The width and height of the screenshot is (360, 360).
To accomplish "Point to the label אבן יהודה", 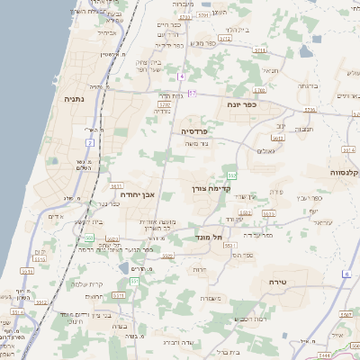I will (x=137, y=193).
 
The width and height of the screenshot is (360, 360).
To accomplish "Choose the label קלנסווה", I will (x=345, y=171).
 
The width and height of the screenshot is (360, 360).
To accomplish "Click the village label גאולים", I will (x=265, y=151).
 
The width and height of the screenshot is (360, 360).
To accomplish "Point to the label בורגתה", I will (x=308, y=85).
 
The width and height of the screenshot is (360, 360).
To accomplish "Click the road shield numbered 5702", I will (x=165, y=105).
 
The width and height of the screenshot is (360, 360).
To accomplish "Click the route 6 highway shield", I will (x=345, y=273).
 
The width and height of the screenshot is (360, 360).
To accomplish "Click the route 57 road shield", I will (x=192, y=92).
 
